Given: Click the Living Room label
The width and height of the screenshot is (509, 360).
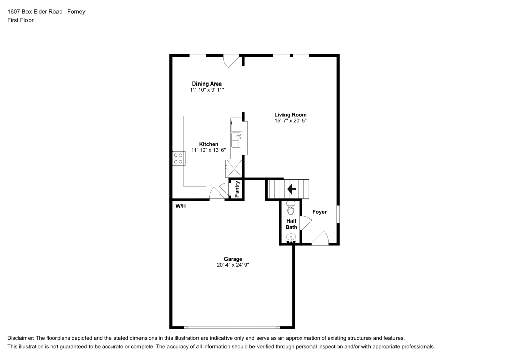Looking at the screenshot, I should tap(290, 115).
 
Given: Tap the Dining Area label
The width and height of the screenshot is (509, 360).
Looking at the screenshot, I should tap(207, 84).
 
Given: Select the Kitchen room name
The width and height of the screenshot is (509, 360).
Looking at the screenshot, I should tap(208, 144).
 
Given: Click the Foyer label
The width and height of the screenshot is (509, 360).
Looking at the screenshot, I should tap(319, 212).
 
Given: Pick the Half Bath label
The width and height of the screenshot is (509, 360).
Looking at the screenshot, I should tap(291, 224).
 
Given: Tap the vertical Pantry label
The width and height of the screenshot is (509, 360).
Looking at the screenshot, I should tap(237, 189).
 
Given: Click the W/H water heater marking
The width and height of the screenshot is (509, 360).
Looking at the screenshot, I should tap(180, 207).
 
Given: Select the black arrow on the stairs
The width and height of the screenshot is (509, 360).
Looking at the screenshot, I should tap(292, 189).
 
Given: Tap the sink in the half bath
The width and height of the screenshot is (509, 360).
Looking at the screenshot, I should tap(291, 238).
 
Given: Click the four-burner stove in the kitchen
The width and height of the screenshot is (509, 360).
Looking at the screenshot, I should tap(178, 158).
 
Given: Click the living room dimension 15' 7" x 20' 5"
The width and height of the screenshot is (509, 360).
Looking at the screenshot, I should tap(290, 121).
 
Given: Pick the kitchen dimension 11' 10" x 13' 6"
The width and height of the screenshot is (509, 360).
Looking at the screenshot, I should tap(208, 150).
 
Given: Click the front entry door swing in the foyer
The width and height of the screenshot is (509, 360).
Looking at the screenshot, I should tap(321, 238).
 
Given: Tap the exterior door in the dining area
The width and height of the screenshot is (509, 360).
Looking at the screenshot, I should tap(232, 61).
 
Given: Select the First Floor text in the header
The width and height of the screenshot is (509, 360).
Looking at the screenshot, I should tap(20, 20).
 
